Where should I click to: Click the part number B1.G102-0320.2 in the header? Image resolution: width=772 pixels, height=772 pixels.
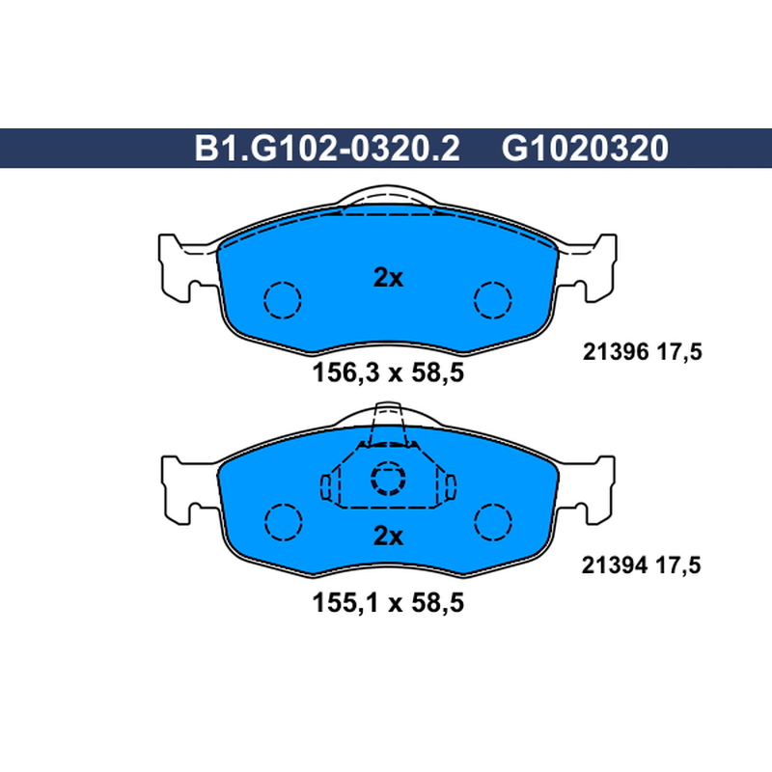point(327,149)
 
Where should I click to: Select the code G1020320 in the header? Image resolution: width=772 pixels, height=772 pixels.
point(585,149)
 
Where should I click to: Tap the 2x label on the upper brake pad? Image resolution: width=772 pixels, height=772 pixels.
point(388,278)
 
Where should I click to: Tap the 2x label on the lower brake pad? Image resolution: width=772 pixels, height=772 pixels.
point(388,536)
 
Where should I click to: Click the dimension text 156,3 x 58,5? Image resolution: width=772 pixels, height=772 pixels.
point(388,372)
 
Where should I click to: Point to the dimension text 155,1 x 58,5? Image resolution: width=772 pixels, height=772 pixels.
point(388,602)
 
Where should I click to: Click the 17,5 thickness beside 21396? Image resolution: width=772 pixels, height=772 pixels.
point(680,352)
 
